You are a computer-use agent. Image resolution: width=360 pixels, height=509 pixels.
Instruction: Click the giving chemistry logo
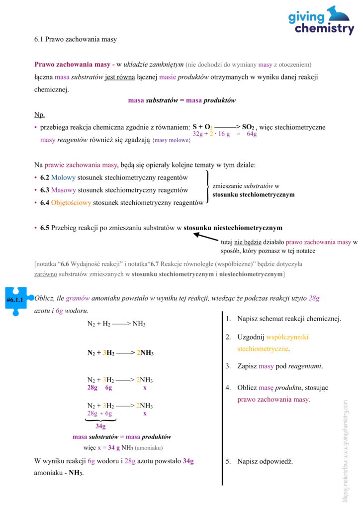coord(321,21)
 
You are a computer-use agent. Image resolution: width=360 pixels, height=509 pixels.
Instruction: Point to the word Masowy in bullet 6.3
coord(63,190)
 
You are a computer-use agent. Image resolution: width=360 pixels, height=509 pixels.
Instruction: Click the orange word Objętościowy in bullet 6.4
coord(71,202)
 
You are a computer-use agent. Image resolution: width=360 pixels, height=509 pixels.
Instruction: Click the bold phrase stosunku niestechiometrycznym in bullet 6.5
coord(233,228)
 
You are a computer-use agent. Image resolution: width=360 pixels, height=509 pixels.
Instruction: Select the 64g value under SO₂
coord(252,134)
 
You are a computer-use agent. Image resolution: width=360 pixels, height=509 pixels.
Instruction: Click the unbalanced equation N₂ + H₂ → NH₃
coord(116,324)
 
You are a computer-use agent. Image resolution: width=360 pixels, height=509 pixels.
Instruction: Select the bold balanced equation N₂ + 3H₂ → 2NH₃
coord(120,353)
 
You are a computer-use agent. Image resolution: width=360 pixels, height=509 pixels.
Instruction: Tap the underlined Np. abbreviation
coord(39,115)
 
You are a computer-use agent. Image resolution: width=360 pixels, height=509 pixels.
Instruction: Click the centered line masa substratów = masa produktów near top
coord(181,100)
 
